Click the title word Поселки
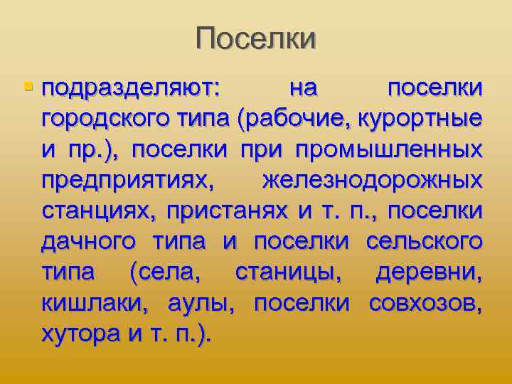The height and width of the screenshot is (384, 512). click(256, 38)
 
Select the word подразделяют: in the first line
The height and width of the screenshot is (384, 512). click(132, 90)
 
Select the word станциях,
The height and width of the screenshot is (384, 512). click(99, 211)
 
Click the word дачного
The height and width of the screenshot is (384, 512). click(88, 242)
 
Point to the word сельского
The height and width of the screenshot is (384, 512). click(425, 242)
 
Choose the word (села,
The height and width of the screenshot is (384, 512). click(166, 272)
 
